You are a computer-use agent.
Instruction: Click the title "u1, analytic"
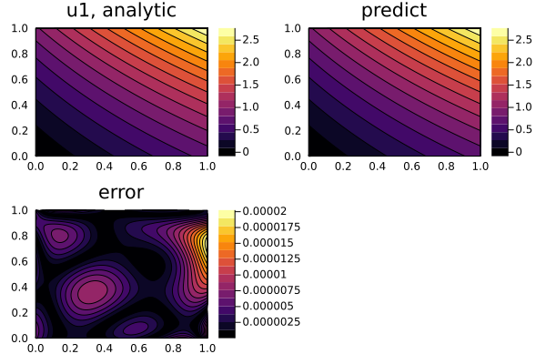121,12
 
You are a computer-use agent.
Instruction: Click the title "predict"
394,12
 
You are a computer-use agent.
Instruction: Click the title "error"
121,193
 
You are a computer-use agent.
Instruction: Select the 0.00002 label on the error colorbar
267,211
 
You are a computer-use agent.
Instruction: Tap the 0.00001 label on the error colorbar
267,274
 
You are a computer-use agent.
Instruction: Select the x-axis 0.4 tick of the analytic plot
105,167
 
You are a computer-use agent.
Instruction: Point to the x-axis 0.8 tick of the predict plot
446,167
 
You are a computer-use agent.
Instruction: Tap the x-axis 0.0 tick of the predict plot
309,167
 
